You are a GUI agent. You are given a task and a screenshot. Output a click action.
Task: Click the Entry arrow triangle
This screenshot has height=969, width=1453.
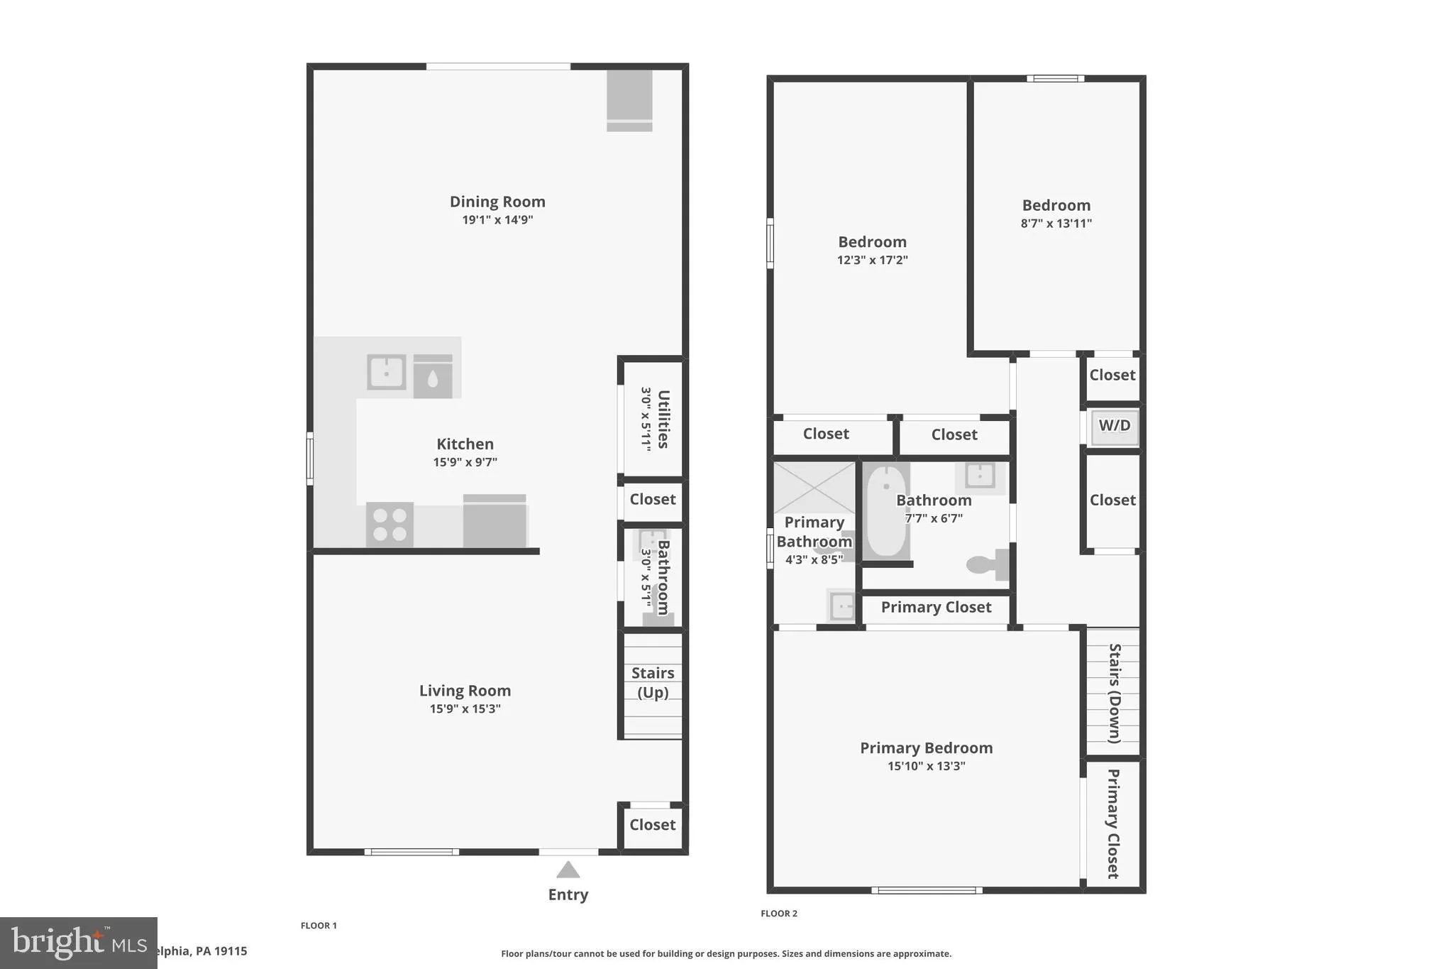(x=568, y=870)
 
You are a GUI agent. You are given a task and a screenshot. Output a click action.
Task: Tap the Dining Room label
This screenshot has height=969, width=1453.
(x=497, y=202)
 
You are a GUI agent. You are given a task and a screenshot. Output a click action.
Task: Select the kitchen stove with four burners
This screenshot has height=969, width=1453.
(x=390, y=525)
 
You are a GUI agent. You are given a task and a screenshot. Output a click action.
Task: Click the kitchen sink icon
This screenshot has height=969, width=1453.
(x=386, y=372)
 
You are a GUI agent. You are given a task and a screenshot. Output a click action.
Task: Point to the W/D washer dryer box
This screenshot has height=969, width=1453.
(x=1114, y=427)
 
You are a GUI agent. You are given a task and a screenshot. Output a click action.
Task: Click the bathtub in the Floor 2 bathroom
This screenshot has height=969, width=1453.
(x=886, y=511)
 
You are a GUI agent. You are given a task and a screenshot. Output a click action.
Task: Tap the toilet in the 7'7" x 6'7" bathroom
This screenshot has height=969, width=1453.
(x=987, y=564)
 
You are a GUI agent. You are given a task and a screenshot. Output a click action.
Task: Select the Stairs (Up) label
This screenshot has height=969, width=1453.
(x=653, y=682)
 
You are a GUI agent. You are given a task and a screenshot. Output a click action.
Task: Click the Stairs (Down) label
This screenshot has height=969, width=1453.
(x=1114, y=693)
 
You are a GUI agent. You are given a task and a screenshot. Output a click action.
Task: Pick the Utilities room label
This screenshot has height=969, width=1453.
(x=663, y=419)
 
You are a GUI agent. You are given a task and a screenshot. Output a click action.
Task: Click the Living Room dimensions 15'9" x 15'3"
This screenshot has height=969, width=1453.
(x=465, y=708)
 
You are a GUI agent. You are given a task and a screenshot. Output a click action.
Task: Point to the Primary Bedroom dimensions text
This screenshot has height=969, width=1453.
(x=926, y=766)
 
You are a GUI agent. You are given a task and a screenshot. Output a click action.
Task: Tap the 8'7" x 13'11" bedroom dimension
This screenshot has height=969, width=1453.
(x=1056, y=223)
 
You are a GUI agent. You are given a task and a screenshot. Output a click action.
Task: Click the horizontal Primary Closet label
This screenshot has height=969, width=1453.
(x=936, y=608)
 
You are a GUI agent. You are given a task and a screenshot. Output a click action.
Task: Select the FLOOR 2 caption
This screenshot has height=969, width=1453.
(x=779, y=914)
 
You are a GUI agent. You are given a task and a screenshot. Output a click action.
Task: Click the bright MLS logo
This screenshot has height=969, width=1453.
(x=78, y=943)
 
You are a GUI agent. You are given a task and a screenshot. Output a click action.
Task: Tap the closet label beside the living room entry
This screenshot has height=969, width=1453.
(x=653, y=825)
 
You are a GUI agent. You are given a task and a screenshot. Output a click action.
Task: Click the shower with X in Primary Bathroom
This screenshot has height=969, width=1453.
(x=814, y=488)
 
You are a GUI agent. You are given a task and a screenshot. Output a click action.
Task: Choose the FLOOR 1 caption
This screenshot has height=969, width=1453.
(x=319, y=926)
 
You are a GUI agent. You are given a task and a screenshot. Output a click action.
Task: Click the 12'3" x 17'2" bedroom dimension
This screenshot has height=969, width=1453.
(x=872, y=260)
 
